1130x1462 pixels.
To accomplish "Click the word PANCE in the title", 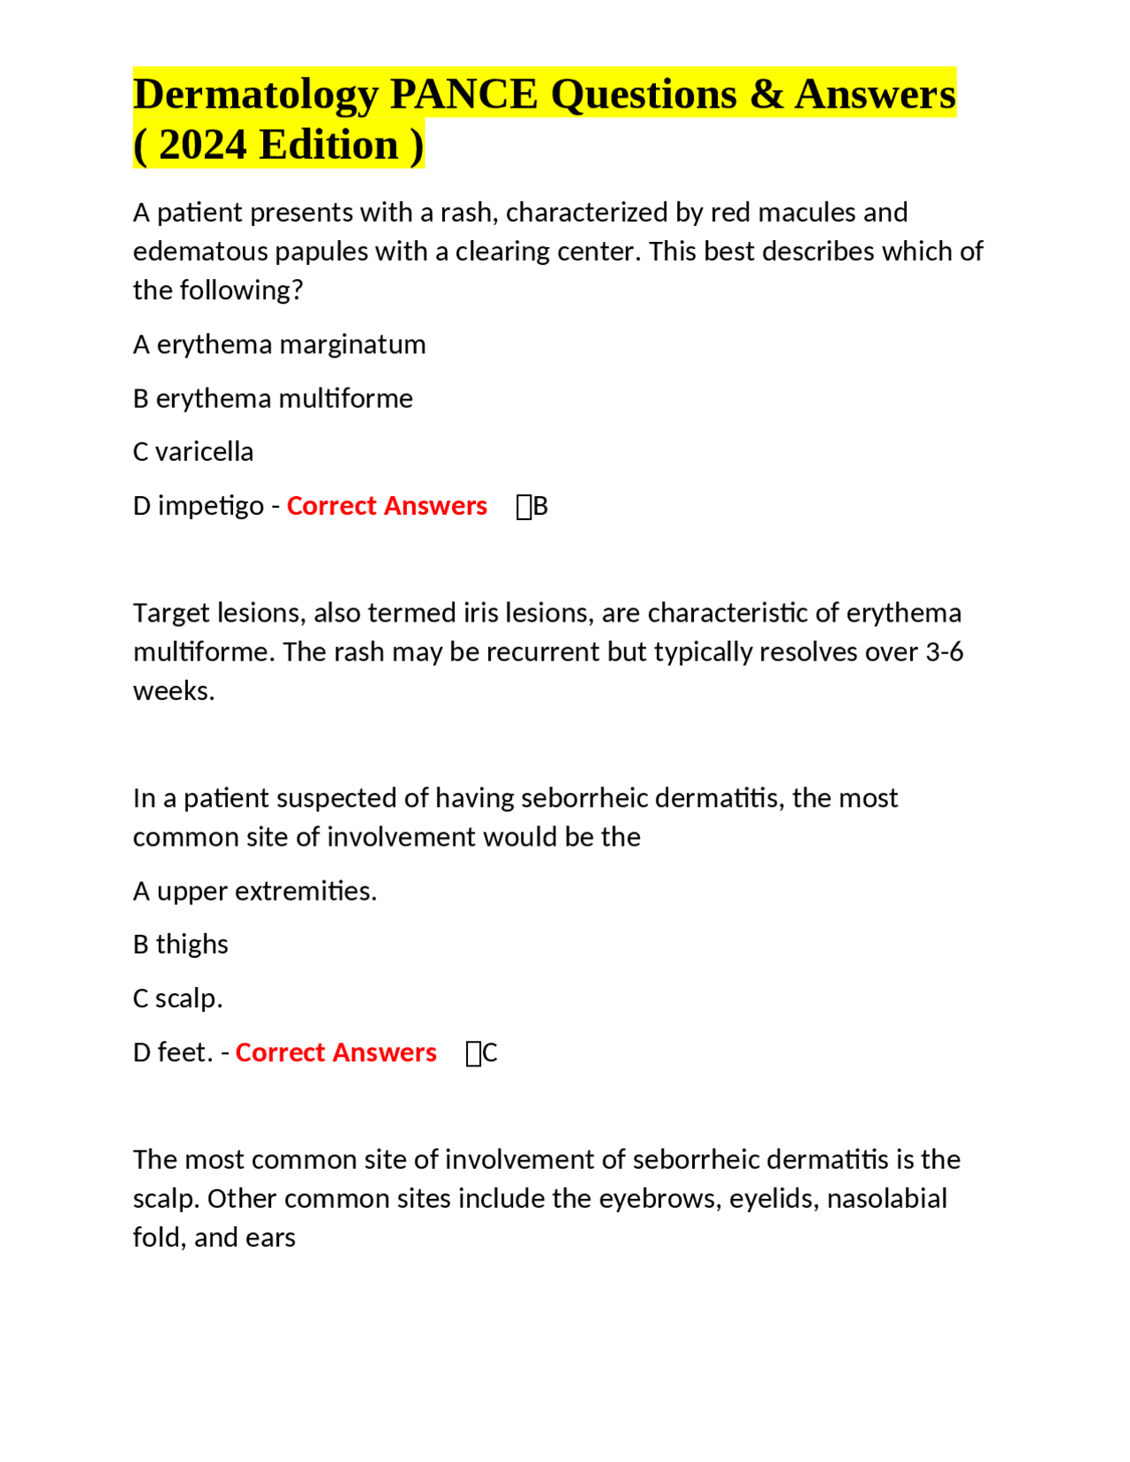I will click(x=463, y=94).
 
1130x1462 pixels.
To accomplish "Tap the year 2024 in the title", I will click(x=202, y=145).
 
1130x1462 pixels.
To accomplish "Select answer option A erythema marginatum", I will click(x=279, y=344).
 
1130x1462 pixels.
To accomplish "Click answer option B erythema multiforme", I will click(x=273, y=398).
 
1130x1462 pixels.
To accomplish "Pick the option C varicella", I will click(x=192, y=452).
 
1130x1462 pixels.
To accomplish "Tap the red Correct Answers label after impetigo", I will click(x=387, y=506).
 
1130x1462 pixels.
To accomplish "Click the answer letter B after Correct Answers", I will click(x=540, y=507).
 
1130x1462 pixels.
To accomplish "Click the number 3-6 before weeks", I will click(x=944, y=652).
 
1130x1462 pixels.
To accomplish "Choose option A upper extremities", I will click(x=254, y=891).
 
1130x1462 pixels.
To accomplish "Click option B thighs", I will click(x=180, y=945).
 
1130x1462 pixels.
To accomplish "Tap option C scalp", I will click(x=177, y=999).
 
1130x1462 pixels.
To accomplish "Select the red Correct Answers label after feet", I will click(x=335, y=1052).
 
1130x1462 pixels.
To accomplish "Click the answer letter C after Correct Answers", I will click(x=490, y=1053).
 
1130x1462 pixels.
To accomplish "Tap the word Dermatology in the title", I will click(x=256, y=94).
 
